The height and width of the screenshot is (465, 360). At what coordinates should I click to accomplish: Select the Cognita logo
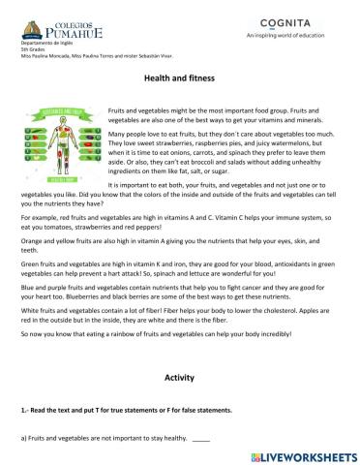[x=288, y=21]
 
